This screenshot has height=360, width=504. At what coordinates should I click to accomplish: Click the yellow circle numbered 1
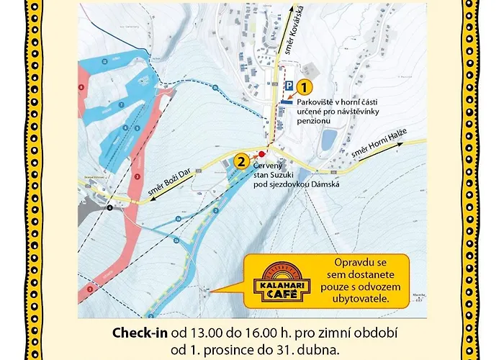[305, 89]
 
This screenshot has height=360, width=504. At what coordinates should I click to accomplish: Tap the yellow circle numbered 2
[241, 161]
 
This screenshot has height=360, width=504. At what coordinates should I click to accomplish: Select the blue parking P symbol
[289, 86]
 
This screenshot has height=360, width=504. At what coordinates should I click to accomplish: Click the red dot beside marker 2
[263, 153]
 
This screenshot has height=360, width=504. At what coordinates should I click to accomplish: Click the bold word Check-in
[140, 334]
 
